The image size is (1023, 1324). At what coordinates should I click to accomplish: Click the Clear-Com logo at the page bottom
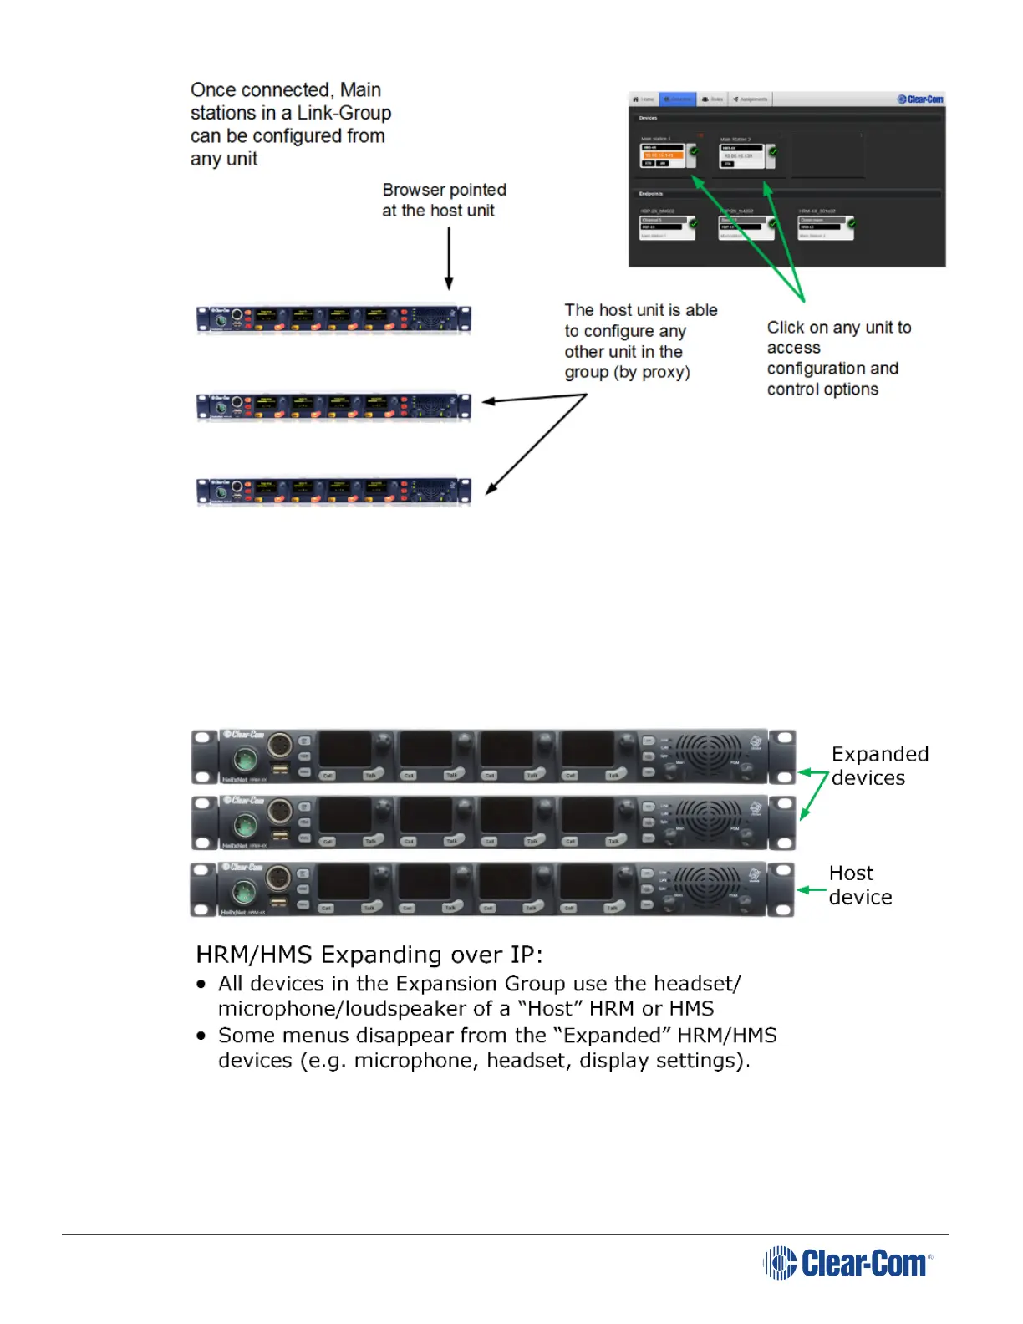pos(847,1262)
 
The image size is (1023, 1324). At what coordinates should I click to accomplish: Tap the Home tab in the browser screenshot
pos(644,99)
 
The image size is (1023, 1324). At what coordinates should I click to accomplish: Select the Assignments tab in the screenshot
pos(751,99)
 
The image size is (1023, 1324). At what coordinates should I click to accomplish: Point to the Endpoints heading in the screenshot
pos(651,194)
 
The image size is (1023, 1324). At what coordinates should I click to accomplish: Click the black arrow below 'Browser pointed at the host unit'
pos(449,258)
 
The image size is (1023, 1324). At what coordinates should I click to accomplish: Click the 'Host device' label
pos(860,885)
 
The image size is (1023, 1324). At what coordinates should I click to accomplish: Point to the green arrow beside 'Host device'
pos(812,890)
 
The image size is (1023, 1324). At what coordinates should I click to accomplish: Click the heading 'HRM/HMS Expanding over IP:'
pos(369,955)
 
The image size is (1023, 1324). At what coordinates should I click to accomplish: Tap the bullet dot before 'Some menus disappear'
pos(201,1036)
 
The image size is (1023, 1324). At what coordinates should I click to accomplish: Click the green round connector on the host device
pos(244,892)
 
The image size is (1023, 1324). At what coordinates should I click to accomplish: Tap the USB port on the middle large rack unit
pos(280,833)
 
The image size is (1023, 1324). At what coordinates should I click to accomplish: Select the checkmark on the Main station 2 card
pos(772,151)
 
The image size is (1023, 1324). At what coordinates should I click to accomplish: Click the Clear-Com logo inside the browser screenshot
pos(920,99)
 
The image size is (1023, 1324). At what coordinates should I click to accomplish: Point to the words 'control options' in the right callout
pos(822,390)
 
